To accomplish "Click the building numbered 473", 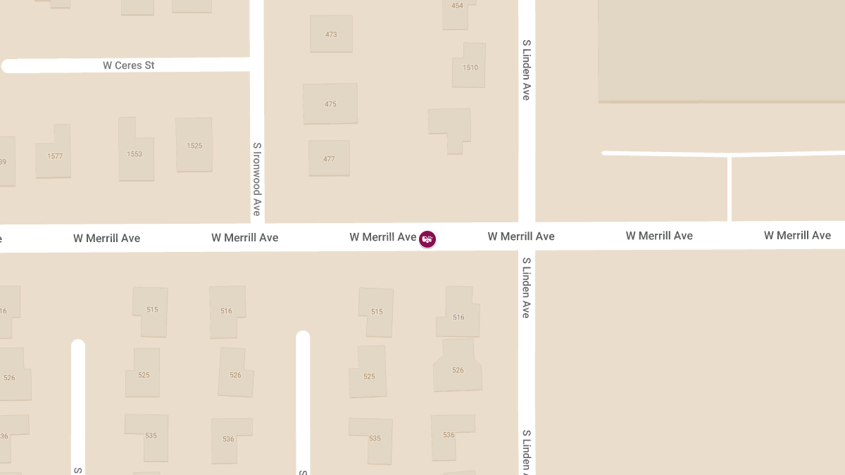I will coord(331,34).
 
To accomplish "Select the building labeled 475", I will coord(330,103).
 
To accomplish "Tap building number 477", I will coord(329,158).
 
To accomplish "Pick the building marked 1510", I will coord(470,66).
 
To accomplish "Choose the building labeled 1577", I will coord(54,154).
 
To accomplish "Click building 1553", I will coord(134,152).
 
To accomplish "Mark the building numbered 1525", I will coord(194,145).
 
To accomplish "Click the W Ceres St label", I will coord(129,65).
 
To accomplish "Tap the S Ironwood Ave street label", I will coord(257,179).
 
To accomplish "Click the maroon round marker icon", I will coord(427,239).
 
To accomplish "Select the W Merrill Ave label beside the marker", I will coord(383,237).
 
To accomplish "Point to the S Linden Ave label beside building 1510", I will coord(526,70).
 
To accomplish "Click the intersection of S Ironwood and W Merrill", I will coord(257,237).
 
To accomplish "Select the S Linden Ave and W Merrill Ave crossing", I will coord(527,236).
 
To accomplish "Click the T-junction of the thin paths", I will coord(730,155).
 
